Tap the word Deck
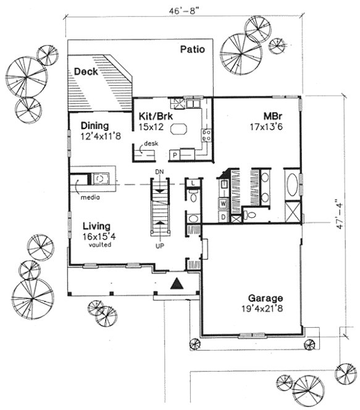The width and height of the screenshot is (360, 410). tap(85, 72)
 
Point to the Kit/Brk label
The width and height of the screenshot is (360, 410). tap(152, 115)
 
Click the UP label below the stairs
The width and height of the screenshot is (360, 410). tap(159, 246)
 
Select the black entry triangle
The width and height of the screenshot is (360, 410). tap(177, 283)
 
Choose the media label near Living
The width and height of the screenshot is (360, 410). tap(88, 198)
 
